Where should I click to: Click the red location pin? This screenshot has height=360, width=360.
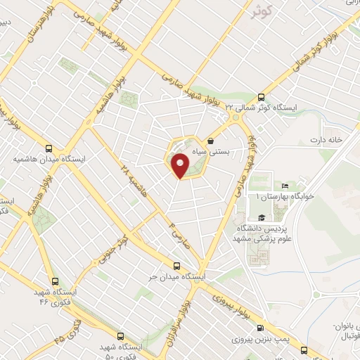click(x=181, y=165)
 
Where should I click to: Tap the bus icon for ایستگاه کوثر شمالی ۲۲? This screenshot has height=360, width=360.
click(x=262, y=97)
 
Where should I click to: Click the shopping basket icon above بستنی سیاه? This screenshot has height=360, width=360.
click(x=212, y=141)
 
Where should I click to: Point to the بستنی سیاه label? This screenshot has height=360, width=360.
click(x=226, y=150)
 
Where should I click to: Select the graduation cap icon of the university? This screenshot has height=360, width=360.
click(x=262, y=217)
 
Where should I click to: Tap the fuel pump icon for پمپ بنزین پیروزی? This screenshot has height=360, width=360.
click(x=261, y=327)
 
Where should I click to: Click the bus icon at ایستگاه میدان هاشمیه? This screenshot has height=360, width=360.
click(x=49, y=148)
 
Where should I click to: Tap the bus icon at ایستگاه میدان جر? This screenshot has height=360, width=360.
click(x=176, y=266)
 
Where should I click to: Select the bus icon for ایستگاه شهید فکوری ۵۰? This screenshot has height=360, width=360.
click(x=120, y=336)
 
